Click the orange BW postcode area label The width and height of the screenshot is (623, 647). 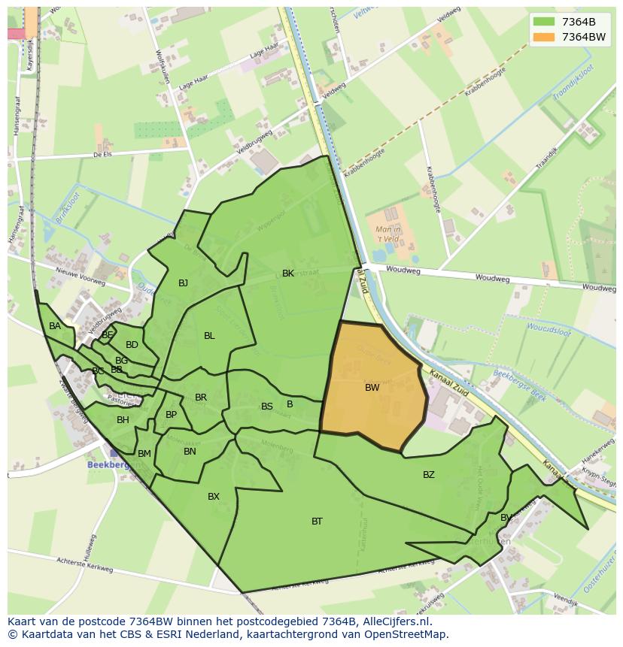pyautogui.click(x=372, y=388)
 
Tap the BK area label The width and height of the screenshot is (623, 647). pyautogui.click(x=288, y=274)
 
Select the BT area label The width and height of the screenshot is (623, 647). pyautogui.click(x=317, y=522)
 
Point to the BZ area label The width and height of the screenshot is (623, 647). pyautogui.click(x=428, y=475)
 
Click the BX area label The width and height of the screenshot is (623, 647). pyautogui.click(x=214, y=497)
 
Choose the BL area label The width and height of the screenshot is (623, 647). pyautogui.click(x=209, y=336)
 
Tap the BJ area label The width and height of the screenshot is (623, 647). pyautogui.click(x=183, y=283)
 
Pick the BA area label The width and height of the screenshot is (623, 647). pyautogui.click(x=55, y=326)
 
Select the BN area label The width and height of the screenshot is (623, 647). pyautogui.click(x=190, y=452)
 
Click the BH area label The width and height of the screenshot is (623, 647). pyautogui.click(x=123, y=420)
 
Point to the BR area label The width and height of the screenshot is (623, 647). pyautogui.click(x=201, y=398)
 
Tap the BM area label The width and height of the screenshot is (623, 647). pyautogui.click(x=144, y=454)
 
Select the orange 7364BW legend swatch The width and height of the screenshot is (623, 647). pyautogui.click(x=543, y=37)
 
